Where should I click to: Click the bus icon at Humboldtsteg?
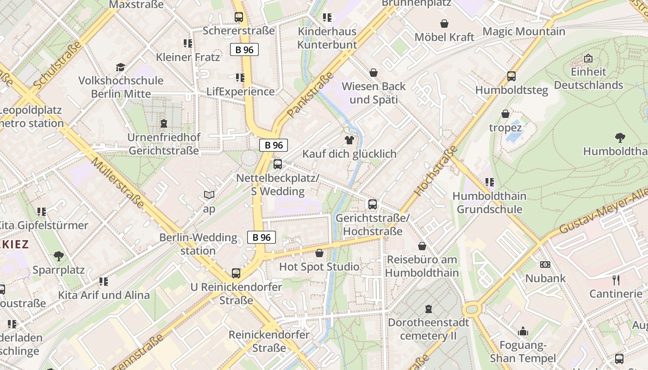tap(511, 76)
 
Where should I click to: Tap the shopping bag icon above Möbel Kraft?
tap(444, 24)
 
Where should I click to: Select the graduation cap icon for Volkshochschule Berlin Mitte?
tap(120, 67)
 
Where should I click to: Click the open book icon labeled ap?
tap(209, 195)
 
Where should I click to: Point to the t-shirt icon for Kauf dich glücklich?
tap(349, 140)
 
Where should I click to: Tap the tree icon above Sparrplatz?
tap(58, 256)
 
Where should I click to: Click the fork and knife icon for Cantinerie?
tap(616, 280)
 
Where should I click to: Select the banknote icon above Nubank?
tap(545, 265)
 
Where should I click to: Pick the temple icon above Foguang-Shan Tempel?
tap(523, 331)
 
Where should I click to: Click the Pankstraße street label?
tap(310, 94)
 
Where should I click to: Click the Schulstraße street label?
tap(57, 65)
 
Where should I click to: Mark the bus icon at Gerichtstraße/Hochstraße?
tap(373, 204)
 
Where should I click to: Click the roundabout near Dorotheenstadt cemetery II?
tap(472, 308)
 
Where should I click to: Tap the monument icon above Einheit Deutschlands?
tap(588, 58)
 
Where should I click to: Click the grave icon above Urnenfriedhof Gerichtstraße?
tap(163, 123)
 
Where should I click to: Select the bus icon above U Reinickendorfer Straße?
tap(236, 273)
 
